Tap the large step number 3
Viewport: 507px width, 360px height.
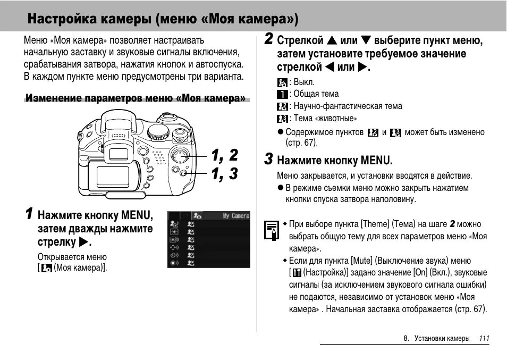[269, 160]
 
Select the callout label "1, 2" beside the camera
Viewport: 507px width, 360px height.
[224, 156]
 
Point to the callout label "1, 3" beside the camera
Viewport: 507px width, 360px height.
[224, 174]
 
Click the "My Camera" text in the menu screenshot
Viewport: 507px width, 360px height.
[235, 216]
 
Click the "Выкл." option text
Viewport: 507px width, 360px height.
[305, 82]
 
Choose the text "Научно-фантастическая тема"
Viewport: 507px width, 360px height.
[348, 106]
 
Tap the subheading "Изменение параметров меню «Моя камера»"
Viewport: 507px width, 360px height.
[136, 98]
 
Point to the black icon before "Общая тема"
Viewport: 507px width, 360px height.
[282, 95]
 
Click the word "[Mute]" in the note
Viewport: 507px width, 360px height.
[362, 261]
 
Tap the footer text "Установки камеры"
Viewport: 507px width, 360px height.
[442, 338]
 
